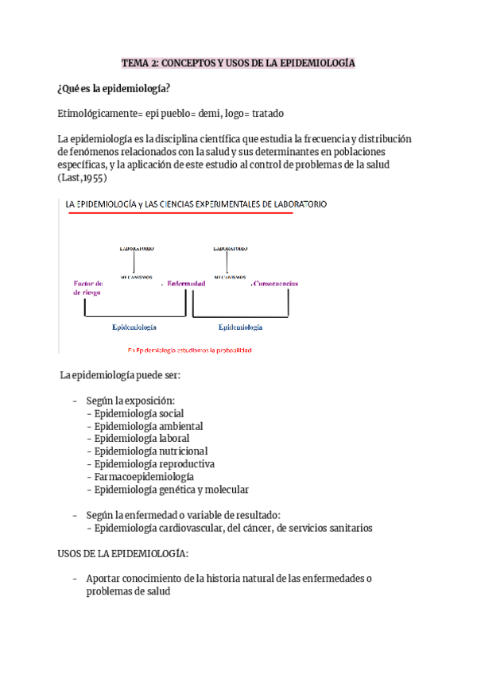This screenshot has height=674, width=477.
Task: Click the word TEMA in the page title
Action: [x=134, y=62]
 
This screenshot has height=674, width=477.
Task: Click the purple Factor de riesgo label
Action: [x=87, y=287]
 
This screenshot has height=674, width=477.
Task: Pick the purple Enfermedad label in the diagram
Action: [x=186, y=283]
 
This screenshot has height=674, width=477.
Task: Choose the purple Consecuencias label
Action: [x=277, y=283]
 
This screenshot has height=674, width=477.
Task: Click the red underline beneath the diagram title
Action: [x=179, y=213]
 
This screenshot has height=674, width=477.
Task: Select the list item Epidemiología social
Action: [x=138, y=413]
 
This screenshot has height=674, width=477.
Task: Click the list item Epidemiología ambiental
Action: [x=148, y=426]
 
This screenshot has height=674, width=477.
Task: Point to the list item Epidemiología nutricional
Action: [x=151, y=451]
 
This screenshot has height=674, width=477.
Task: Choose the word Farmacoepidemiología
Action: [x=144, y=477]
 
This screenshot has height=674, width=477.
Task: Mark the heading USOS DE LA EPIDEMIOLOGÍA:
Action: [x=122, y=553]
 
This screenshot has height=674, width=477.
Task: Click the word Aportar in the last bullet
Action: [x=103, y=579]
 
